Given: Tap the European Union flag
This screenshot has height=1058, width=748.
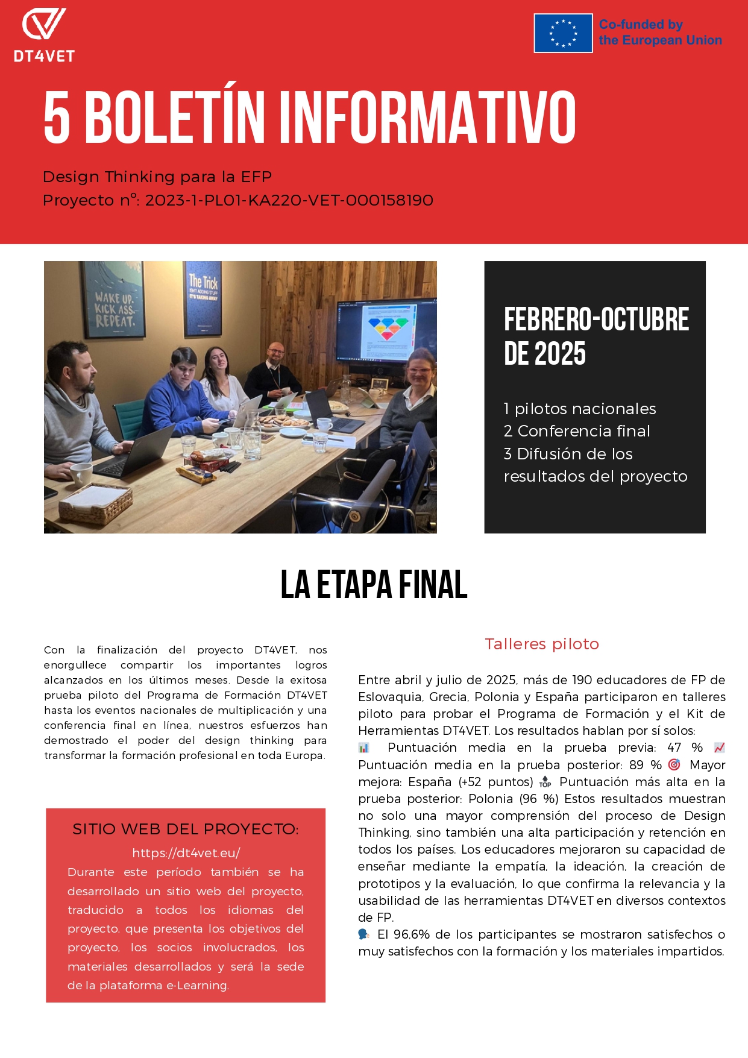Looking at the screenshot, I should pyautogui.click(x=563, y=33).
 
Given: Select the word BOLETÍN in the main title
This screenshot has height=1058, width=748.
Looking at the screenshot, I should pyautogui.click(x=175, y=118).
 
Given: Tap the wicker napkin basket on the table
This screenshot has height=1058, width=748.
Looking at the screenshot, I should pyautogui.click(x=95, y=502).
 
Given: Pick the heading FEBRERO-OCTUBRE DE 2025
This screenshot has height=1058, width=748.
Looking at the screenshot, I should pyautogui.click(x=596, y=336).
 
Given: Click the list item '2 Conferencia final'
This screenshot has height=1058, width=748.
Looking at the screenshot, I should pyautogui.click(x=577, y=431).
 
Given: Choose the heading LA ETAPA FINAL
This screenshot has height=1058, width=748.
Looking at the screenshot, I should pyautogui.click(x=374, y=585).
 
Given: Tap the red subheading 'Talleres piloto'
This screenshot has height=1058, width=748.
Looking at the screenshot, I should pyautogui.click(x=542, y=644).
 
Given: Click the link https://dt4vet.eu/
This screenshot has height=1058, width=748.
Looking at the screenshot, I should pyautogui.click(x=186, y=852).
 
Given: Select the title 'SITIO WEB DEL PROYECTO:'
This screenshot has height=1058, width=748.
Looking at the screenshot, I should pyautogui.click(x=186, y=829).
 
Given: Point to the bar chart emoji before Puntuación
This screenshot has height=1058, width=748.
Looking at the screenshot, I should pyautogui.click(x=363, y=748).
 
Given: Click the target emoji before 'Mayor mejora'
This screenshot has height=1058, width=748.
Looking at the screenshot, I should pyautogui.click(x=674, y=764).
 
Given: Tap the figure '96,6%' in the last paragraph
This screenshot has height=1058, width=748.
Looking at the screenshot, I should pyautogui.click(x=412, y=934).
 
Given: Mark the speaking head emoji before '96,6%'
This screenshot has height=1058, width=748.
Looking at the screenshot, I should pyautogui.click(x=363, y=934).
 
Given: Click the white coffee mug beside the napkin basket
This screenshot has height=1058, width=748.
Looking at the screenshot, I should pyautogui.click(x=81, y=474).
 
